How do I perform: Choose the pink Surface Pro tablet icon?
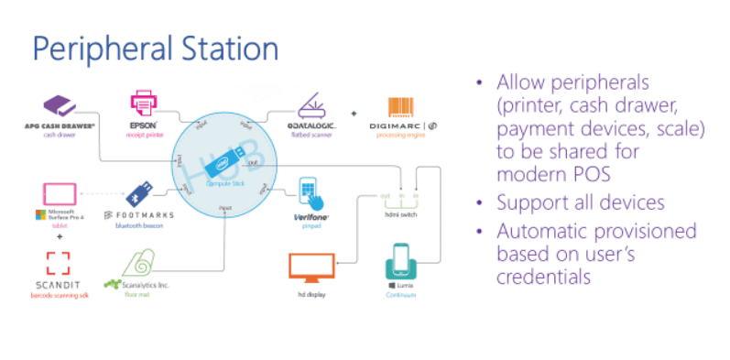[60, 195]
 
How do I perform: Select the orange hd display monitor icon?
[311, 265]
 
